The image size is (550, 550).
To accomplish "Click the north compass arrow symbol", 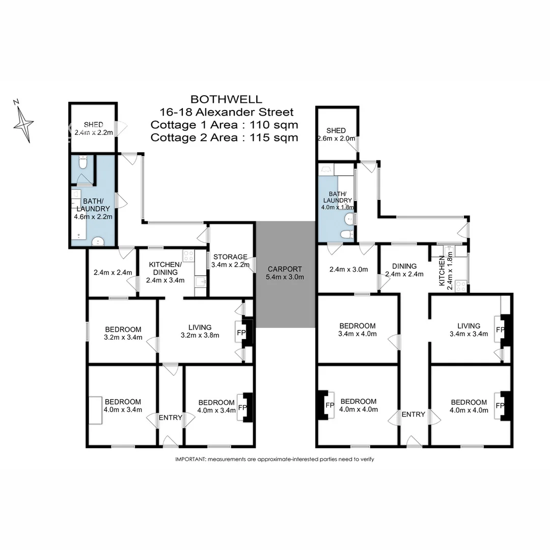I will [x=23, y=122].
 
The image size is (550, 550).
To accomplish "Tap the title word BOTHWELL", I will [x=225, y=99].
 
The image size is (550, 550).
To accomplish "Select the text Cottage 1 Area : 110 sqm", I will [x=225, y=125].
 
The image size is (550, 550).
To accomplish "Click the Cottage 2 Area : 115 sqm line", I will [x=225, y=137].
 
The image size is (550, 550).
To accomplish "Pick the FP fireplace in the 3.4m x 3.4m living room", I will [x=500, y=329].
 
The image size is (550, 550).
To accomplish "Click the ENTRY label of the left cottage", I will [x=170, y=418].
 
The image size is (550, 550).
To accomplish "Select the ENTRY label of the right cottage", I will [x=413, y=414].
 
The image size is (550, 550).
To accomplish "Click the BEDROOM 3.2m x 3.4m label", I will [x=123, y=333].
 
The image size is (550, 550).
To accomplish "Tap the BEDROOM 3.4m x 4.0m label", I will [x=358, y=330].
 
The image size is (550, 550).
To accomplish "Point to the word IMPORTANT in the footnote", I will [x=190, y=459].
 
